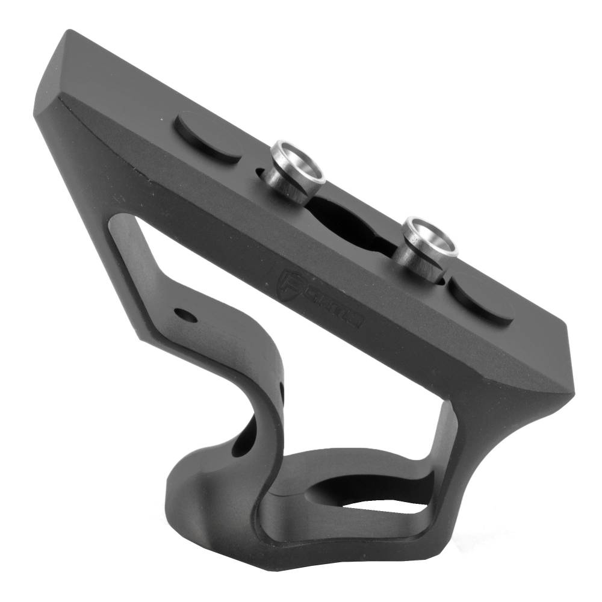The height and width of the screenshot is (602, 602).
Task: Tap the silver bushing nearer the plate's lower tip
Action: click(429, 246)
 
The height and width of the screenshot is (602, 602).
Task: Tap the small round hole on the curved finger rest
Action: click(182, 314)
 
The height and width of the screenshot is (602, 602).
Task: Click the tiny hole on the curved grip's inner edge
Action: click(281, 391)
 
